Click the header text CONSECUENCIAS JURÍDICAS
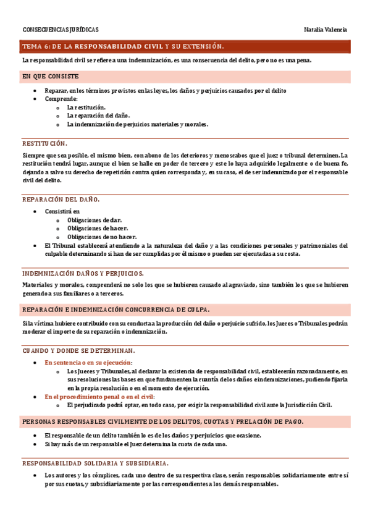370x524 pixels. click(61, 30)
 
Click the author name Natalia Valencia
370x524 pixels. click(326, 30)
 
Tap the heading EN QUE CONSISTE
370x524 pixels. click(50, 76)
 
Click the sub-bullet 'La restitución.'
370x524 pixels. click(86, 107)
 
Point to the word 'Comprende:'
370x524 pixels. click(61, 99)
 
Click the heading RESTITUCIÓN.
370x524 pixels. click(44, 143)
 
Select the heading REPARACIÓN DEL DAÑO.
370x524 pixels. click(61, 200)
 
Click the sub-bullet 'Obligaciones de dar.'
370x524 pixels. click(95, 220)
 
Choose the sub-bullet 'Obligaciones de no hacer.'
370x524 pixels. click(101, 237)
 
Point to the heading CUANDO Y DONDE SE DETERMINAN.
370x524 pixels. click(78, 350)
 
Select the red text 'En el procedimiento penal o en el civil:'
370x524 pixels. click(99, 397)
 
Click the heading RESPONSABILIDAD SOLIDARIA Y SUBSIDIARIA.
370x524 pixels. click(95, 463)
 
